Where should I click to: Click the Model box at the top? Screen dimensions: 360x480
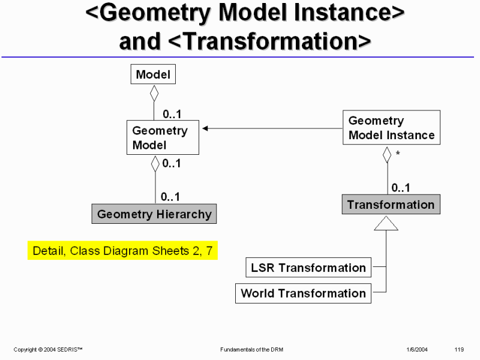[153, 74]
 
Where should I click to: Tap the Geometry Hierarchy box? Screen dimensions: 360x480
[154, 214]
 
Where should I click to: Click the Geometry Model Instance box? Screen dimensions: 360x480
[391, 128]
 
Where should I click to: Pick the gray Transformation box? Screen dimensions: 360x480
[391, 205]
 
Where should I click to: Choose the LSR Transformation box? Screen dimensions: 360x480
[308, 268]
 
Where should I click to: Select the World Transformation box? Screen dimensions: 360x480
[303, 293]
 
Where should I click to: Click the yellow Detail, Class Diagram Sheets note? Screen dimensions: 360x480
[122, 251]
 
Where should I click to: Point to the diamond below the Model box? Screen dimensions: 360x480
[154, 93]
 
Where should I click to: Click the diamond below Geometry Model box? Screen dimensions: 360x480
[155, 163]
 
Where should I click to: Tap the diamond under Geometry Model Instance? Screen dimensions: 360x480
[387, 154]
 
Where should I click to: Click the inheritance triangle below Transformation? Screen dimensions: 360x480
[386, 223]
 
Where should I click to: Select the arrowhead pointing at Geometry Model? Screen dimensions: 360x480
[205, 128]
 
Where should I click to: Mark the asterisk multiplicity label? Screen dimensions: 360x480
[398, 155]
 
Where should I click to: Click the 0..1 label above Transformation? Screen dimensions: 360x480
[401, 188]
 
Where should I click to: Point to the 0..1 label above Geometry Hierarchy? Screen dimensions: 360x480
[170, 196]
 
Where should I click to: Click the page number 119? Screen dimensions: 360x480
[460, 349]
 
